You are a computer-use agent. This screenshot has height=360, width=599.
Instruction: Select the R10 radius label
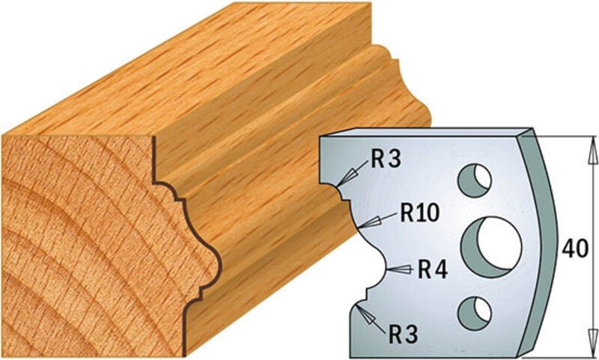click(420, 214)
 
